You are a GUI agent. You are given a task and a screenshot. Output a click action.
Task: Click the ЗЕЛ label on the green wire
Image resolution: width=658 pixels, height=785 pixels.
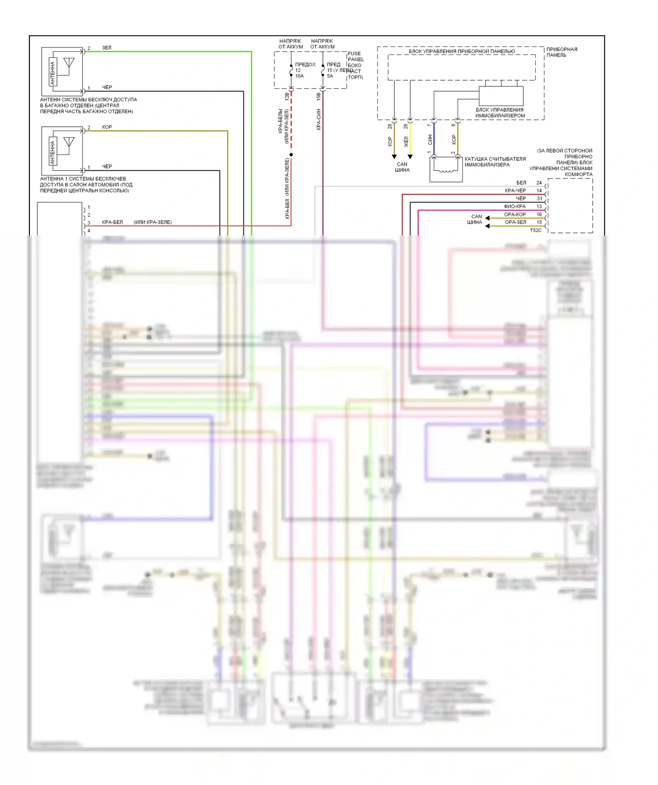coord(107,48)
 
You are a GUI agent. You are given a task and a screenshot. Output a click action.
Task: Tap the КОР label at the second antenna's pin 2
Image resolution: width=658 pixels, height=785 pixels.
coord(107,127)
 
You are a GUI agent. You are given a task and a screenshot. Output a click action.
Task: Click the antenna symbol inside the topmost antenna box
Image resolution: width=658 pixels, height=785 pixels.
coord(69,64)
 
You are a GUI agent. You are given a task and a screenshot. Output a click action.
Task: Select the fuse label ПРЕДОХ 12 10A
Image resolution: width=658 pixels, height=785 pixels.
coord(305,70)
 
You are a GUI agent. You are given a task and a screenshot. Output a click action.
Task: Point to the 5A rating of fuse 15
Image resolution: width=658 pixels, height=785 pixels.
coord(330,76)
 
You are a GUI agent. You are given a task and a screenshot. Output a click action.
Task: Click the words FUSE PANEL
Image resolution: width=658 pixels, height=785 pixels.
coord(355,57)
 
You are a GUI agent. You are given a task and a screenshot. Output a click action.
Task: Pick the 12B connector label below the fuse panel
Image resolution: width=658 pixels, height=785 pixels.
coord(287,96)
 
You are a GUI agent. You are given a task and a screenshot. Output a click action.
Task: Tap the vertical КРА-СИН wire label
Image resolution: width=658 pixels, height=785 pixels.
coord(319,119)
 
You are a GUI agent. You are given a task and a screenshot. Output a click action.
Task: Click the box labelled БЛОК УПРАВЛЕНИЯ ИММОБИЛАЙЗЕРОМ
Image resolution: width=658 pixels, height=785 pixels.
coord(501,96)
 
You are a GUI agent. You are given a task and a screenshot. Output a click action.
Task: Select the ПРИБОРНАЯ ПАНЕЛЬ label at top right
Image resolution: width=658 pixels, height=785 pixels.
coord(561,52)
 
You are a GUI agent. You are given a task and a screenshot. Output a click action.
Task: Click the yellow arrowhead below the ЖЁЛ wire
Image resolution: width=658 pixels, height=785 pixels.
coord(410,157)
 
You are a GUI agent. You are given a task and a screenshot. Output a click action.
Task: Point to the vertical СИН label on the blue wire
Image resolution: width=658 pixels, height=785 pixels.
coord(430,140)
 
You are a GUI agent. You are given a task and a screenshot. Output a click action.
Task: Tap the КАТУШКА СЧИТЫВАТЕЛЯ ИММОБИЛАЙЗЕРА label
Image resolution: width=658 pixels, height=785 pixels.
coord(495,162)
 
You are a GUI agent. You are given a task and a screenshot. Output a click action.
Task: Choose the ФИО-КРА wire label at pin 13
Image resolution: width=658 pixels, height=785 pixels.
coord(515,207)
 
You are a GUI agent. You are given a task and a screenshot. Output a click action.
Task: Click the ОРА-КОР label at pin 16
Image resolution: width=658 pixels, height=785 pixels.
coord(515,214)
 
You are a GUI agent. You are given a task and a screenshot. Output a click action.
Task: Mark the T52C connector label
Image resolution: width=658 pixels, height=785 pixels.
coord(536,230)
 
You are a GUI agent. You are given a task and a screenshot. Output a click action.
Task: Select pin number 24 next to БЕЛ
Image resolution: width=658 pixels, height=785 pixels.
coord(539,183)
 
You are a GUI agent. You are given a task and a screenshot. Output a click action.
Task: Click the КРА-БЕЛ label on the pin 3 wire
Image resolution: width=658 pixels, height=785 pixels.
coord(112,222)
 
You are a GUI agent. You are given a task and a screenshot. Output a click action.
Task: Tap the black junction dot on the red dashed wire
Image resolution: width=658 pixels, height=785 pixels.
coord(291,155)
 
